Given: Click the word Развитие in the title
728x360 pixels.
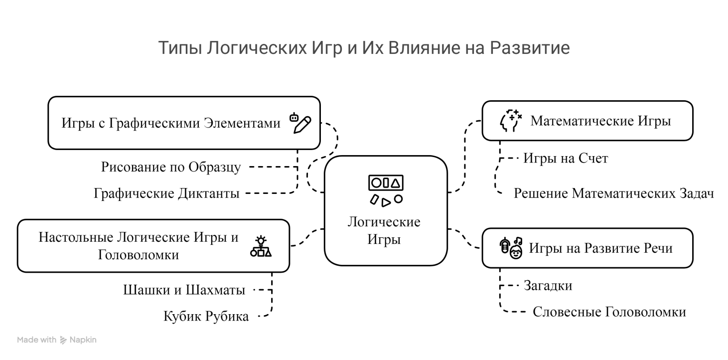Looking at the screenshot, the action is (530, 48).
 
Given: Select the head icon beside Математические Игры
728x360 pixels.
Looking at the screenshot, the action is (511, 121).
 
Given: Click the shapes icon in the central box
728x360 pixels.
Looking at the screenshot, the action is (386, 190).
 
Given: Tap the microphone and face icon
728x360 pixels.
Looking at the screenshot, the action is (511, 248).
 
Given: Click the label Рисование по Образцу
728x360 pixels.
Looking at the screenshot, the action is (171, 167).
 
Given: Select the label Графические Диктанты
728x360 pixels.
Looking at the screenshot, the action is (166, 193).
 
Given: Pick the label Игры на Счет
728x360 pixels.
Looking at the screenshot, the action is (566, 159).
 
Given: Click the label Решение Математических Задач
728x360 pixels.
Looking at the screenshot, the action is (613, 193).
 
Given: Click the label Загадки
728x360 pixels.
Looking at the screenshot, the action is (548, 286).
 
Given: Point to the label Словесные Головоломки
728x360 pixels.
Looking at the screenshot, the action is (609, 312).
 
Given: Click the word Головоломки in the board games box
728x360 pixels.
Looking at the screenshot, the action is (139, 255).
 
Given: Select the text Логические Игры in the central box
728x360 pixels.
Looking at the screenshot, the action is (384, 230).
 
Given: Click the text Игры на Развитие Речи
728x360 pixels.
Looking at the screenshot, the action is (600, 248).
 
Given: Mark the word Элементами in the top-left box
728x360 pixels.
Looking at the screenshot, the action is (242, 123).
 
